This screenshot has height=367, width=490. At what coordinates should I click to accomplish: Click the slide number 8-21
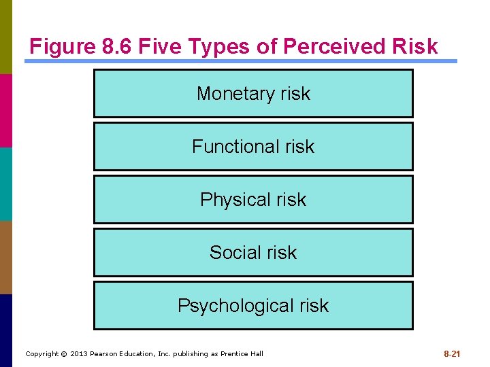click(452, 354)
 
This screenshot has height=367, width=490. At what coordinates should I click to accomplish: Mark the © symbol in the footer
click(64, 354)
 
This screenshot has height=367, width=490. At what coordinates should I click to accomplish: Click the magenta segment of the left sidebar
click(6, 110)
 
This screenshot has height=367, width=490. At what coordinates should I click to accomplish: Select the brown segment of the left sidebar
click(6, 257)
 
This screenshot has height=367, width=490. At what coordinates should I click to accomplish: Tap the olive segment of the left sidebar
click(6, 37)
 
